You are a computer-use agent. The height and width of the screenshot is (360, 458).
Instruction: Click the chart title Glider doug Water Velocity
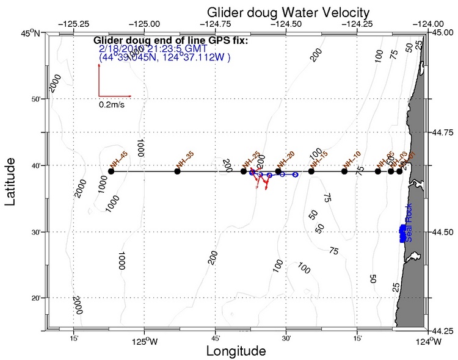[288, 12]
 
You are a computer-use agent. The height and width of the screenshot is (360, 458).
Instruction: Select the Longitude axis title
[236, 351]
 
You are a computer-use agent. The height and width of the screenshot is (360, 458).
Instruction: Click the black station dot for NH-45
[111, 171]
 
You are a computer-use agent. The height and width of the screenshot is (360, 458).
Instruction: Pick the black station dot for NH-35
[177, 171]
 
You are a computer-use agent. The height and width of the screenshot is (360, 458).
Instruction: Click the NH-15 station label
[319, 159]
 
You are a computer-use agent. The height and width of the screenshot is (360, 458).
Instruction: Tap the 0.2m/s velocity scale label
[112, 104]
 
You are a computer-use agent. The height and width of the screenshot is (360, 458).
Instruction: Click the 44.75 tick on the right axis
[442, 131]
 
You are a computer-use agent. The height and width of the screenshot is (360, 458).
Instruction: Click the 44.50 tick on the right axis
[442, 232]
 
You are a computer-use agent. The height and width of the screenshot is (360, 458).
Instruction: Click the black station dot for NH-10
[344, 171]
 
